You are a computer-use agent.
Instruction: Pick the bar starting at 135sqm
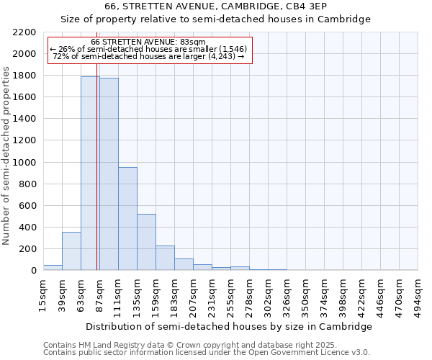(x=146, y=242)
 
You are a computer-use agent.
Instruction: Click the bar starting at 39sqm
(x=71, y=251)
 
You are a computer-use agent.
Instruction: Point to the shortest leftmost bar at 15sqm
(x=53, y=267)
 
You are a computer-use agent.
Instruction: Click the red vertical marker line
(x=96, y=180)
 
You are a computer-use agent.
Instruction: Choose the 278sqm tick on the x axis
(x=249, y=295)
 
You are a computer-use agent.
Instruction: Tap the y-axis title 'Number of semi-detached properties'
(x=6, y=156)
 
